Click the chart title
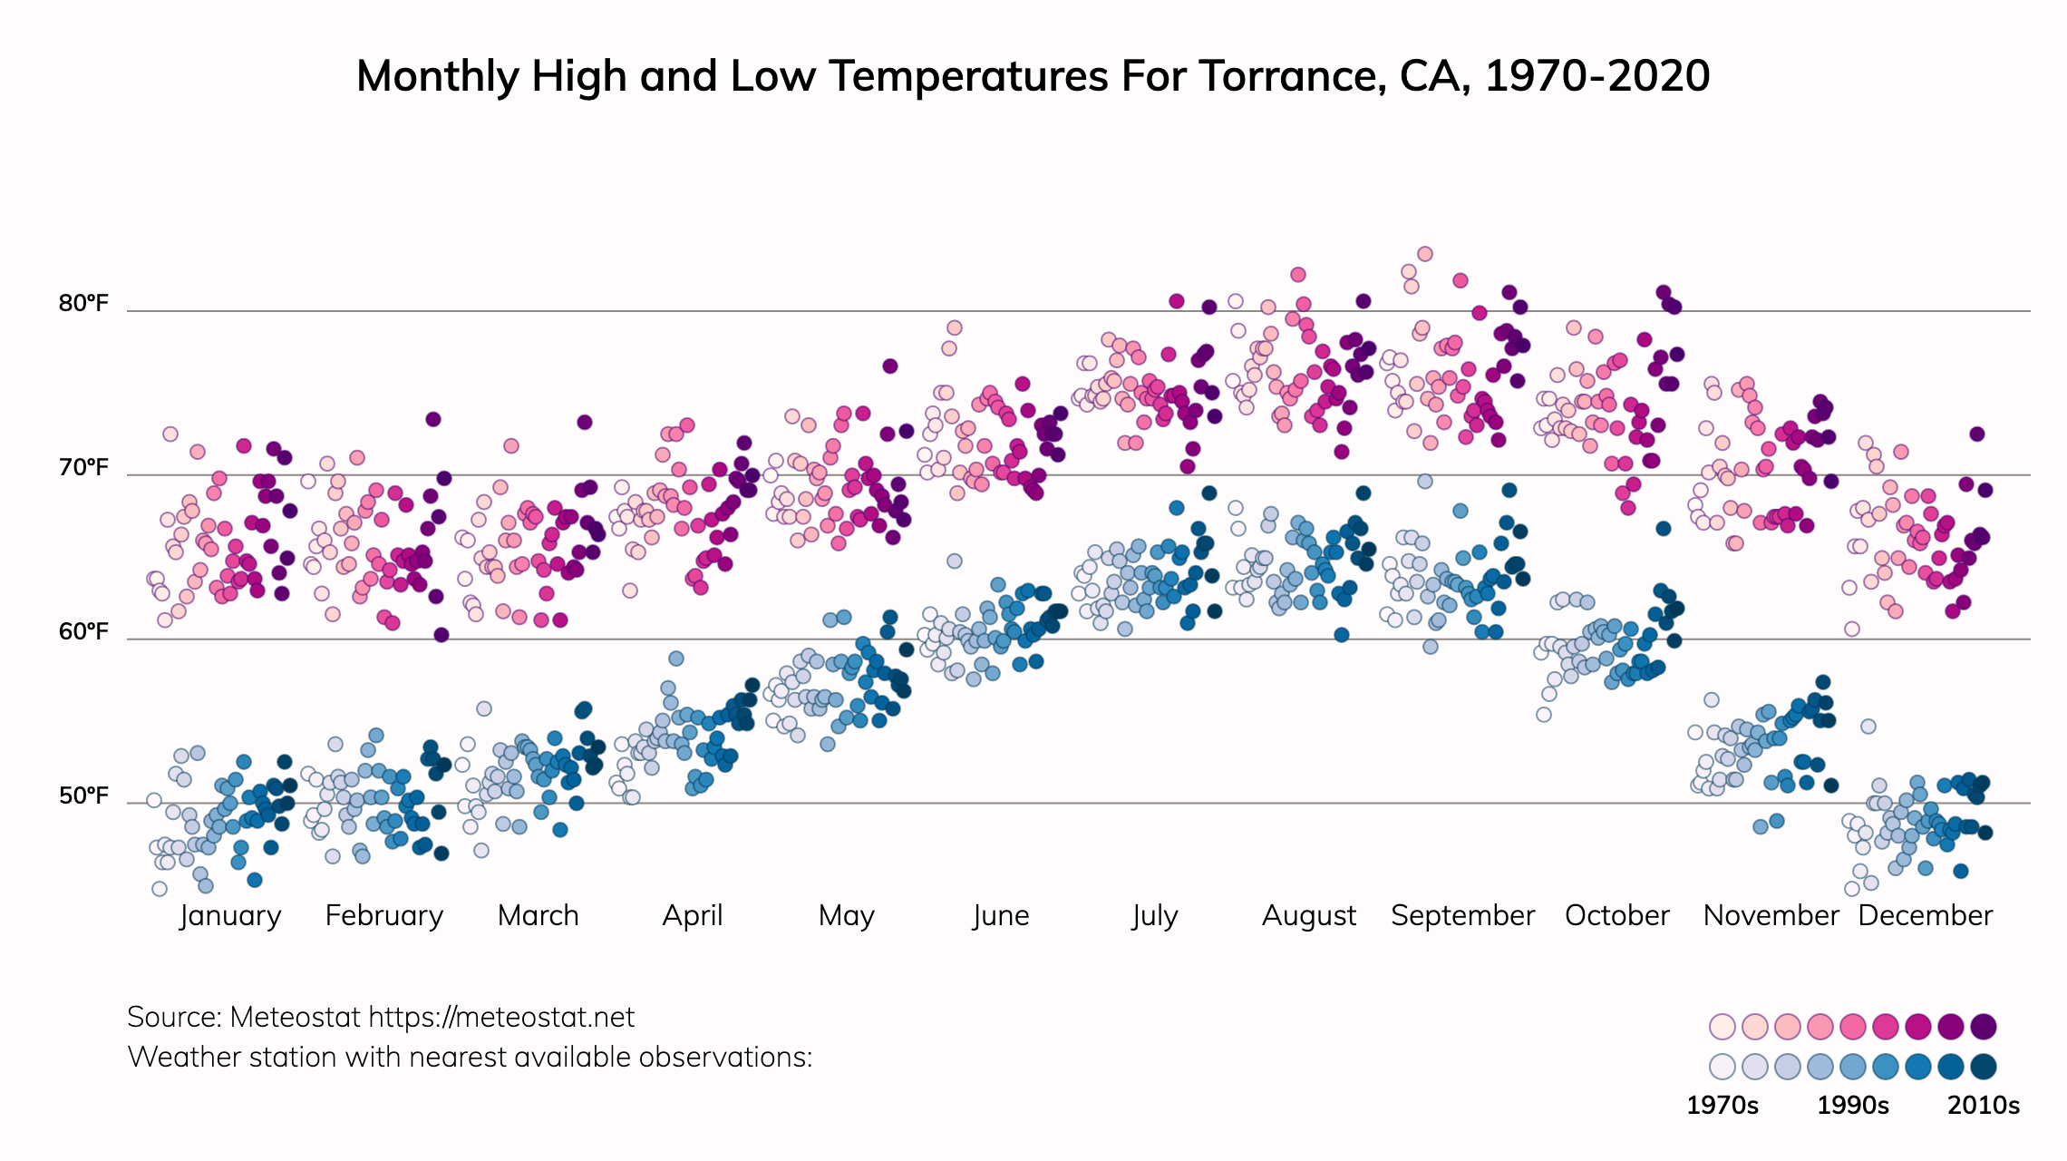pyautogui.click(x=1033, y=76)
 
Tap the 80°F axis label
pyautogui.click(x=83, y=303)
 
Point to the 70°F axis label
pyautogui.click(x=83, y=468)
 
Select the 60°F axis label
pyautogui.click(x=83, y=631)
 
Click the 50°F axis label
pyautogui.click(x=83, y=795)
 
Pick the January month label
pyautogui.click(x=230, y=915)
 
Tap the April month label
pyautogui.click(x=693, y=915)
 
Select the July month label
pyautogui.click(x=1154, y=915)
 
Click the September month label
pyautogui.click(x=1462, y=915)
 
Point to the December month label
pyautogui.click(x=1925, y=915)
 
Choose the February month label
pyautogui.click(x=384, y=915)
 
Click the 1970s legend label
pyautogui.click(x=1722, y=1106)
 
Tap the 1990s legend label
pyautogui.click(x=1853, y=1106)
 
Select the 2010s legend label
pyautogui.click(x=1984, y=1106)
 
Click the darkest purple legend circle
pyautogui.click(x=1984, y=1027)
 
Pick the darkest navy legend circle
pyautogui.click(x=1984, y=1067)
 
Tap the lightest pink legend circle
pyautogui.click(x=1722, y=1027)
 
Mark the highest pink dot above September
pyautogui.click(x=1425, y=254)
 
